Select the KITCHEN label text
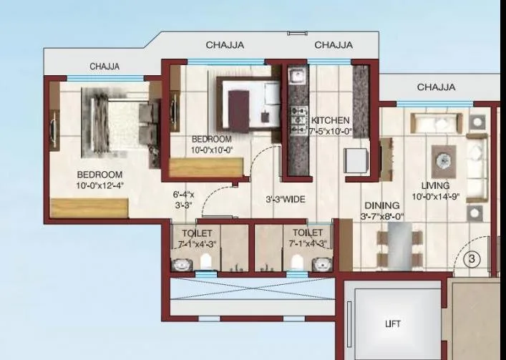[330, 120]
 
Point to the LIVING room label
[435, 185]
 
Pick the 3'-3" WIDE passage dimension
[286, 200]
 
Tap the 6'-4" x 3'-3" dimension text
[184, 199]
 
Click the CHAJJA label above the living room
[436, 87]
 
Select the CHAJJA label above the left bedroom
[104, 67]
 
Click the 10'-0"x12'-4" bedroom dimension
[100, 185]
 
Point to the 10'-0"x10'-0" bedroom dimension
[212, 150]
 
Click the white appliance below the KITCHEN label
[356, 160]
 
